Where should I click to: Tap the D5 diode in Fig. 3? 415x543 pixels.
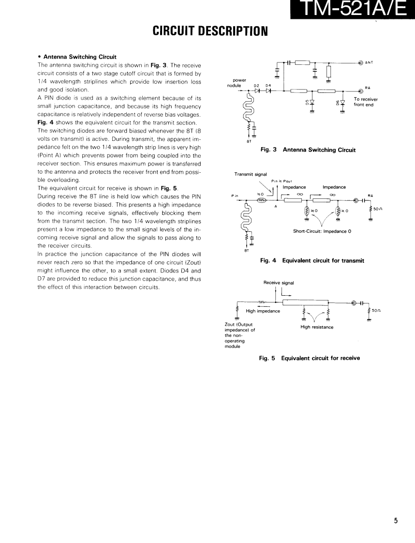pyautogui.click(x=312, y=102)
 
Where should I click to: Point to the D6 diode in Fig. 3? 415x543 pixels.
pyautogui.click(x=343, y=102)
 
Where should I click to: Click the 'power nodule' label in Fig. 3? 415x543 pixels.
pyautogui.click(x=239, y=83)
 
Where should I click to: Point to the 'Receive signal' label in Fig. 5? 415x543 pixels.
pyautogui.click(x=279, y=282)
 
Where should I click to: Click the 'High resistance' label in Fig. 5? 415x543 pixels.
pyautogui.click(x=317, y=327)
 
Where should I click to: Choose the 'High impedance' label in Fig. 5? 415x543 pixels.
pyautogui.click(x=263, y=311)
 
